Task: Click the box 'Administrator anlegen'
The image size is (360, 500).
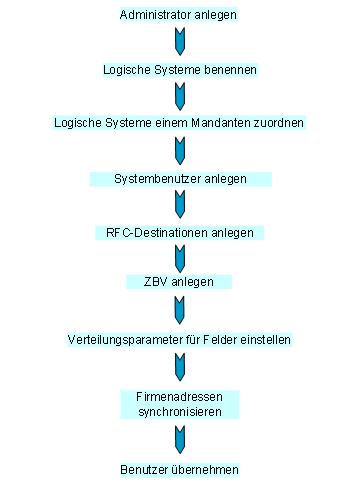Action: [x=179, y=16]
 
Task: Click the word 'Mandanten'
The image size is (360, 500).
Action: [x=226, y=123]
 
